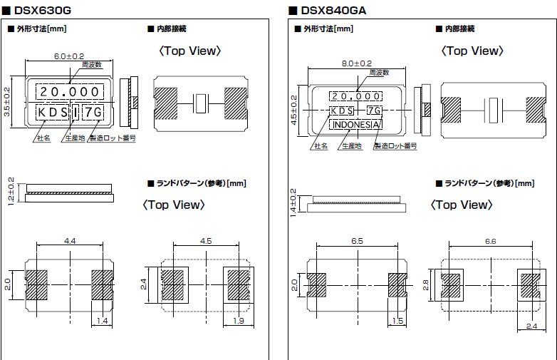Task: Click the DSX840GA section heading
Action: (333, 10)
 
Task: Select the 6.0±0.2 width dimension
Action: (69, 56)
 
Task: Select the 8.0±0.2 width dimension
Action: (357, 63)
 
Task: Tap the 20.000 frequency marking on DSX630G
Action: (69, 92)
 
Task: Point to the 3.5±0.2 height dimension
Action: (7, 102)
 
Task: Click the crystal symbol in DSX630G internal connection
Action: (201, 103)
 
